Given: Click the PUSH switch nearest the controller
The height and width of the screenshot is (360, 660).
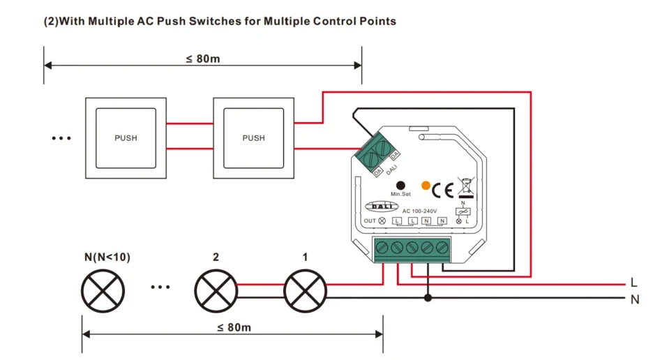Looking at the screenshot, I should (253, 137).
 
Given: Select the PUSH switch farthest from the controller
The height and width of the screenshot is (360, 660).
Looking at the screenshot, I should (126, 137).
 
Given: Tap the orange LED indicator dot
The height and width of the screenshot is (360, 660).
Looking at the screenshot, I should (424, 184).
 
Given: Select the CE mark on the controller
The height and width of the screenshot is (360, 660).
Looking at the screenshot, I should (443, 190).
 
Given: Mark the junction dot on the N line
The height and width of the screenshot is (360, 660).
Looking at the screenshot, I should (428, 298).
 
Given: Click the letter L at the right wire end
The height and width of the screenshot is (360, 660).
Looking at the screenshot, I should (633, 283).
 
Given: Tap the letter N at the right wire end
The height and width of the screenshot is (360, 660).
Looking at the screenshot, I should (634, 300).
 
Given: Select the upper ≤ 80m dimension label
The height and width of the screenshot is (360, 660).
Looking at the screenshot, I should (203, 59).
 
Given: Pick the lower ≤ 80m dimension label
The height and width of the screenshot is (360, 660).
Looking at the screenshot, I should (234, 327).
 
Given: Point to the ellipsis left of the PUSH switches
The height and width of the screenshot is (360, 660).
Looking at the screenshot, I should (61, 138).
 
